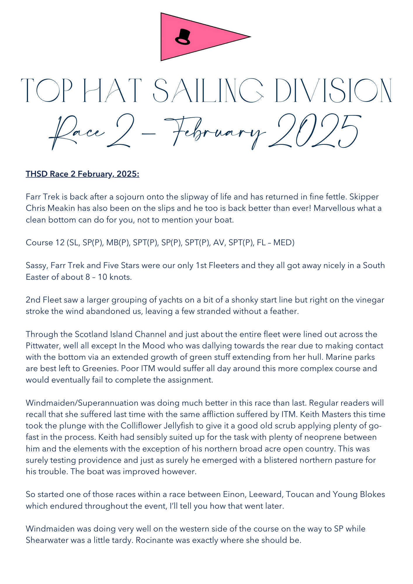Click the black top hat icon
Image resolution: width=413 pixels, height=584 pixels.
[x=183, y=37]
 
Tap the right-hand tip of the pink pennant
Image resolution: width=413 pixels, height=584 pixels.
[x=250, y=37]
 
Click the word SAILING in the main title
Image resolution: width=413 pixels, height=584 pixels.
[x=208, y=90]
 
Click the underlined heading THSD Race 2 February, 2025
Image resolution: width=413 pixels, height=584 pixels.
[x=82, y=174]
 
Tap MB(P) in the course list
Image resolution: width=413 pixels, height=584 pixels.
[x=118, y=243]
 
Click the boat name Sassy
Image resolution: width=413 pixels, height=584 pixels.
[x=36, y=265]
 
